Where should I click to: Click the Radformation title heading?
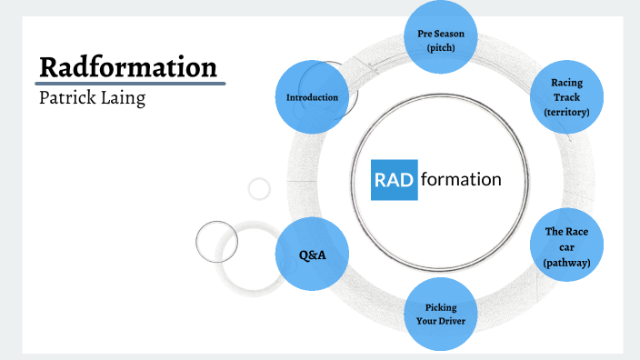[127, 67]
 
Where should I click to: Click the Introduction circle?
[312, 97]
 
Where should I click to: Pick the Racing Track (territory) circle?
[566, 97]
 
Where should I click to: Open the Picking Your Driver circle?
[440, 315]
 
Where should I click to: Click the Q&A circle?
[312, 255]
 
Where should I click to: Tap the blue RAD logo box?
[394, 179]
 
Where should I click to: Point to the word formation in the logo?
[460, 179]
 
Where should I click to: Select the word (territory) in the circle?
[566, 112]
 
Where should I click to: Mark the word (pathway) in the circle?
[567, 262]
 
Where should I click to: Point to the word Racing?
[566, 83]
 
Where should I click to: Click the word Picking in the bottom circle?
[440, 307]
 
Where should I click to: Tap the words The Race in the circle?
[567, 233]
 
